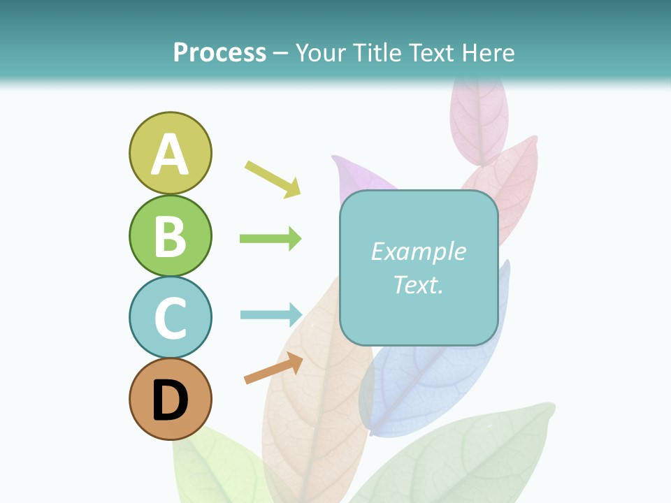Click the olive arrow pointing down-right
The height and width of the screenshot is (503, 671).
point(273,179)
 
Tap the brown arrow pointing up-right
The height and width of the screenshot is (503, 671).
point(273,368)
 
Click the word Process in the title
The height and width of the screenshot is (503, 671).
point(219,52)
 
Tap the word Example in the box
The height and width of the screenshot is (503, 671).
point(418,251)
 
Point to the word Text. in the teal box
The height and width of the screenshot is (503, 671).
point(418,284)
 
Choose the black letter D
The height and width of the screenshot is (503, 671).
point(170,401)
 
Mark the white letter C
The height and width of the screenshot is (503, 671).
point(170,319)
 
